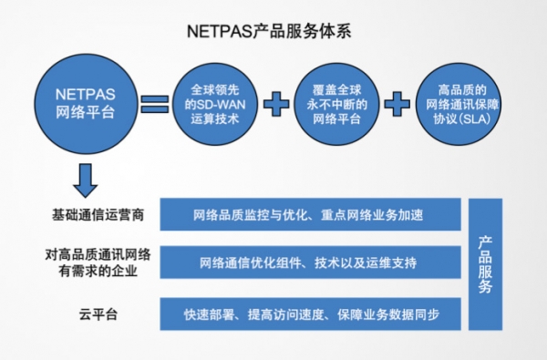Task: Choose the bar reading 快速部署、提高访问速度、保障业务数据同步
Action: pyautogui.click(x=308, y=314)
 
